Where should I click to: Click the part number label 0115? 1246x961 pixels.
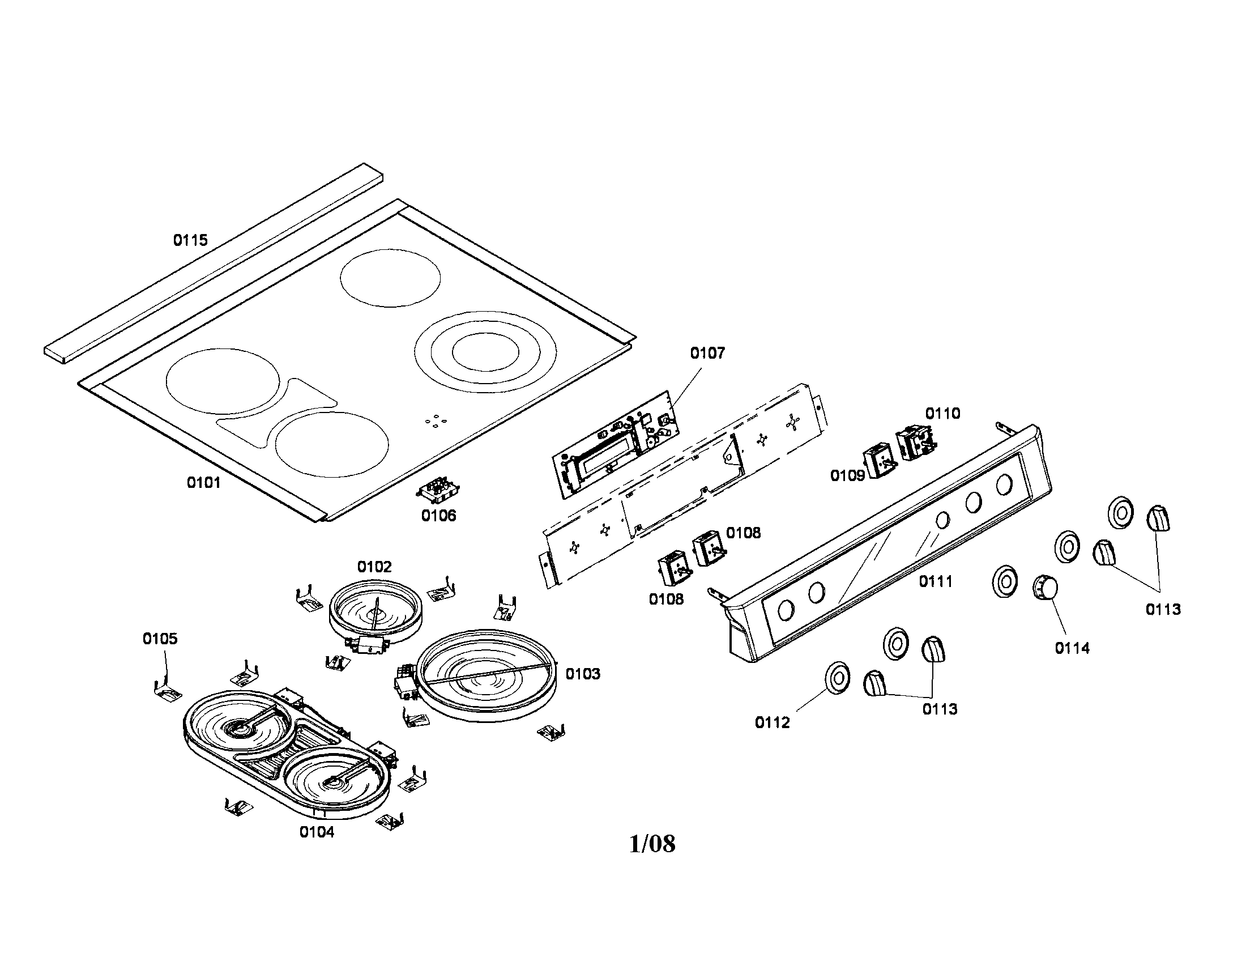coord(190,240)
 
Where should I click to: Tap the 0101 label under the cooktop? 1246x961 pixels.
coord(204,483)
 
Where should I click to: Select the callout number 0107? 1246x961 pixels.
coord(707,353)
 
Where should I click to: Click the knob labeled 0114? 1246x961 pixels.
coord(1045,587)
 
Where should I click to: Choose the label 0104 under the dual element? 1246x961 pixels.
coord(317,832)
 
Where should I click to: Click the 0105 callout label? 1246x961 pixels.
coord(160,639)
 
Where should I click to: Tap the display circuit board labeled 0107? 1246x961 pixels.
coord(616,445)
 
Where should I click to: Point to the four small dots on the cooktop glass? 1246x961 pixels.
coord(436,420)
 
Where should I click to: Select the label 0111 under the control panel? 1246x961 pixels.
coord(936,581)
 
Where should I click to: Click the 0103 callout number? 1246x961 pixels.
coord(582,674)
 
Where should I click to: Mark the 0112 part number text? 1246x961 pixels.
coord(773,723)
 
